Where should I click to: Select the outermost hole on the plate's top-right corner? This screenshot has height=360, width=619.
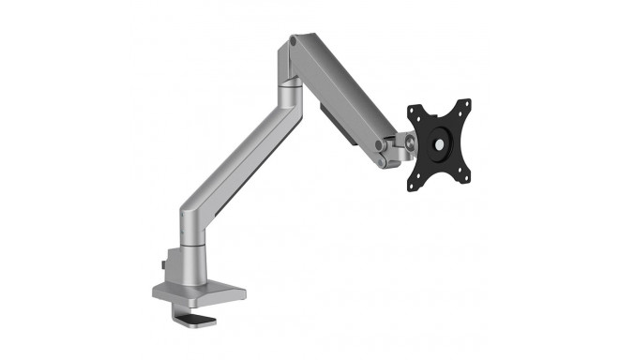465,103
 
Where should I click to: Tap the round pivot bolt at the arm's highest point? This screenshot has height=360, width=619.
296,41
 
